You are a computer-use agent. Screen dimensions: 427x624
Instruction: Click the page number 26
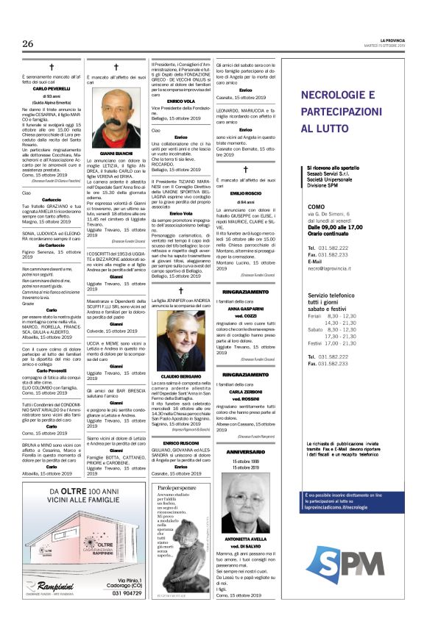[28, 43]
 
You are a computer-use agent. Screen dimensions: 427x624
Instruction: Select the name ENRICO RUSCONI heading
[180, 445]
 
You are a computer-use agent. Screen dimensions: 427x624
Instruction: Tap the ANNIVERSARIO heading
[245, 452]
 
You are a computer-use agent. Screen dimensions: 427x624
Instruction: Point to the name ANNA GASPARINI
[245, 309]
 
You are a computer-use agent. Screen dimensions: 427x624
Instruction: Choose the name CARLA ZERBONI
[245, 392]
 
